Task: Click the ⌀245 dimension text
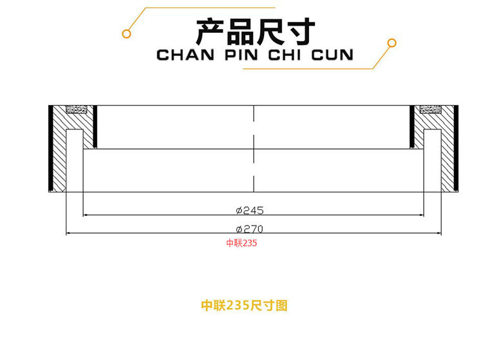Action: (250, 211)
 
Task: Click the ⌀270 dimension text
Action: (250, 229)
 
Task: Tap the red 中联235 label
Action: (241, 243)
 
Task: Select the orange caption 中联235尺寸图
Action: (244, 306)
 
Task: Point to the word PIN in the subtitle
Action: (241, 54)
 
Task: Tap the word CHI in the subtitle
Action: (285, 54)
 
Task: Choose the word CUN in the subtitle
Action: (332, 54)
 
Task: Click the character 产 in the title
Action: (208, 30)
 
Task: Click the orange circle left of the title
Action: (128, 33)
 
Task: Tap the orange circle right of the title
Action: (390, 43)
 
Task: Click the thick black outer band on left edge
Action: (51, 148)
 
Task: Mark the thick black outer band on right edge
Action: (457, 148)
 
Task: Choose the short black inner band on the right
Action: (412, 126)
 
